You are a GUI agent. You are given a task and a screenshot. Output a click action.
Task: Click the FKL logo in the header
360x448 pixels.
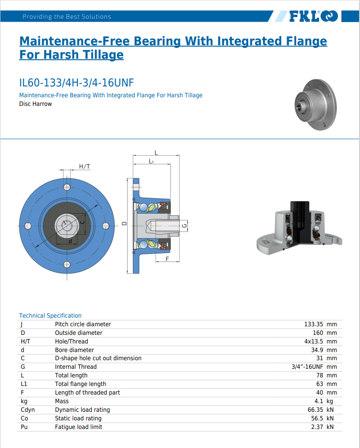click(313, 16)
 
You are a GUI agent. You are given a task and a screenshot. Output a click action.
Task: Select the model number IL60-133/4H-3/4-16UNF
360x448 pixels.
click(76, 83)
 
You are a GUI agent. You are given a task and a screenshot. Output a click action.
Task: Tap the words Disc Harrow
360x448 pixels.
click(35, 104)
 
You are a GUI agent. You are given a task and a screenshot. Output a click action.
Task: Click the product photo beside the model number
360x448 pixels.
click(316, 105)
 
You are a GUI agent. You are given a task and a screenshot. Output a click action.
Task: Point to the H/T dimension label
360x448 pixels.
click(85, 166)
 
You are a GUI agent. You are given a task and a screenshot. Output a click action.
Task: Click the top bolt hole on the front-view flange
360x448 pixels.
click(67, 187)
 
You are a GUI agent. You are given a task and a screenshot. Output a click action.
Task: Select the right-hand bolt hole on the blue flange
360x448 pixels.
click(106, 226)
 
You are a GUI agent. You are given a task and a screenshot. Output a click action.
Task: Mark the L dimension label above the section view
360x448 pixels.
click(156, 153)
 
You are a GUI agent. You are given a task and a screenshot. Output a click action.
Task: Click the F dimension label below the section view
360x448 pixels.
click(167, 259)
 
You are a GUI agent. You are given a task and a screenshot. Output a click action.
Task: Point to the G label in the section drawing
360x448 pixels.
click(185, 226)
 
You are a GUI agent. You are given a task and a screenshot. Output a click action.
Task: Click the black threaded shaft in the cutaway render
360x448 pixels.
click(299, 219)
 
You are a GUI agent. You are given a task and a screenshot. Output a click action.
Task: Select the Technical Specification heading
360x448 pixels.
click(50, 315)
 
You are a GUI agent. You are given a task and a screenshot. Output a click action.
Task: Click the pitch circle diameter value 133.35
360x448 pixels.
click(313, 324)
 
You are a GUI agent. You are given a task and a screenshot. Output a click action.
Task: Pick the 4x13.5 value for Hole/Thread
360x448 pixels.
click(313, 341)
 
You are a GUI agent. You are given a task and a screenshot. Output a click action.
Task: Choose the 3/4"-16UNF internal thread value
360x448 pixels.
click(307, 367)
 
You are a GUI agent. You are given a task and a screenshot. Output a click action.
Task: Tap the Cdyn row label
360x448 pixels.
click(28, 410)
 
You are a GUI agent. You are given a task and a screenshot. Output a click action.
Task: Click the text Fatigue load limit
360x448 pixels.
click(79, 427)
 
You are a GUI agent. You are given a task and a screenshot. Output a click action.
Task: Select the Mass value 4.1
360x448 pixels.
click(318, 401)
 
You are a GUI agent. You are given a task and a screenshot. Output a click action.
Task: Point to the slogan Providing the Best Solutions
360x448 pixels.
click(67, 17)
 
